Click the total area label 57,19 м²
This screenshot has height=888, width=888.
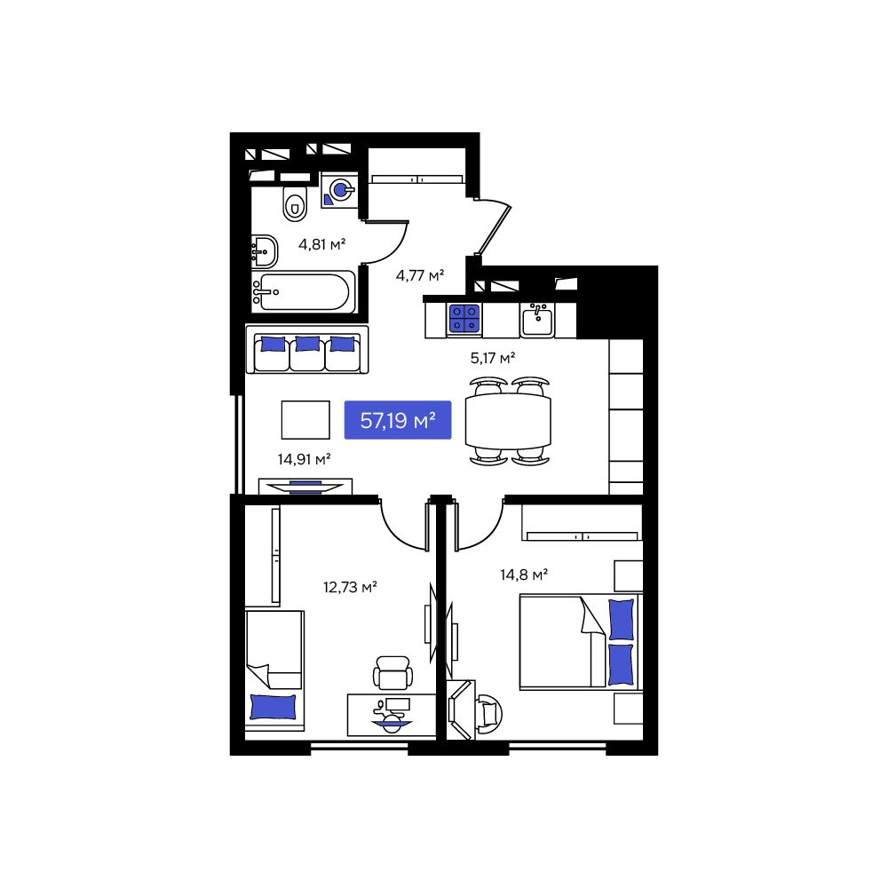pyautogui.click(x=398, y=420)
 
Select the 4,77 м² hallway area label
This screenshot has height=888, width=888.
pyautogui.click(x=419, y=274)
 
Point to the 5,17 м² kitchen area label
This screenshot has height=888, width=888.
pyautogui.click(x=493, y=358)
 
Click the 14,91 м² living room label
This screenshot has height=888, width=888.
pyautogui.click(x=304, y=459)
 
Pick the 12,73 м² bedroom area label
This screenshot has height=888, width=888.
pyautogui.click(x=350, y=586)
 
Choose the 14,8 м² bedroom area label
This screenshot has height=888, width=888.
pyautogui.click(x=523, y=575)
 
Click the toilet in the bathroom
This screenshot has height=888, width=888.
pyautogui.click(x=294, y=203)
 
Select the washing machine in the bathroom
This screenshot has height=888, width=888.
pyautogui.click(x=338, y=191)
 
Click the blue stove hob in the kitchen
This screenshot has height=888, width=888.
pyautogui.click(x=464, y=318)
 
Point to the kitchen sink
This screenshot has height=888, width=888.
pyautogui.click(x=537, y=320)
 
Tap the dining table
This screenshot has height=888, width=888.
pyautogui.click(x=507, y=421)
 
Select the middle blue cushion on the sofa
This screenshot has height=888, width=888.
pyautogui.click(x=307, y=344)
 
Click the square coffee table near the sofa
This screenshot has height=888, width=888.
pyautogui.click(x=305, y=419)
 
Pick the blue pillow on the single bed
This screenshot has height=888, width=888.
pyautogui.click(x=273, y=706)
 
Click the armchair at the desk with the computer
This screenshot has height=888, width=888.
pyautogui.click(x=392, y=672)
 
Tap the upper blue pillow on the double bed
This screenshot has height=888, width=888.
pyautogui.click(x=622, y=619)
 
